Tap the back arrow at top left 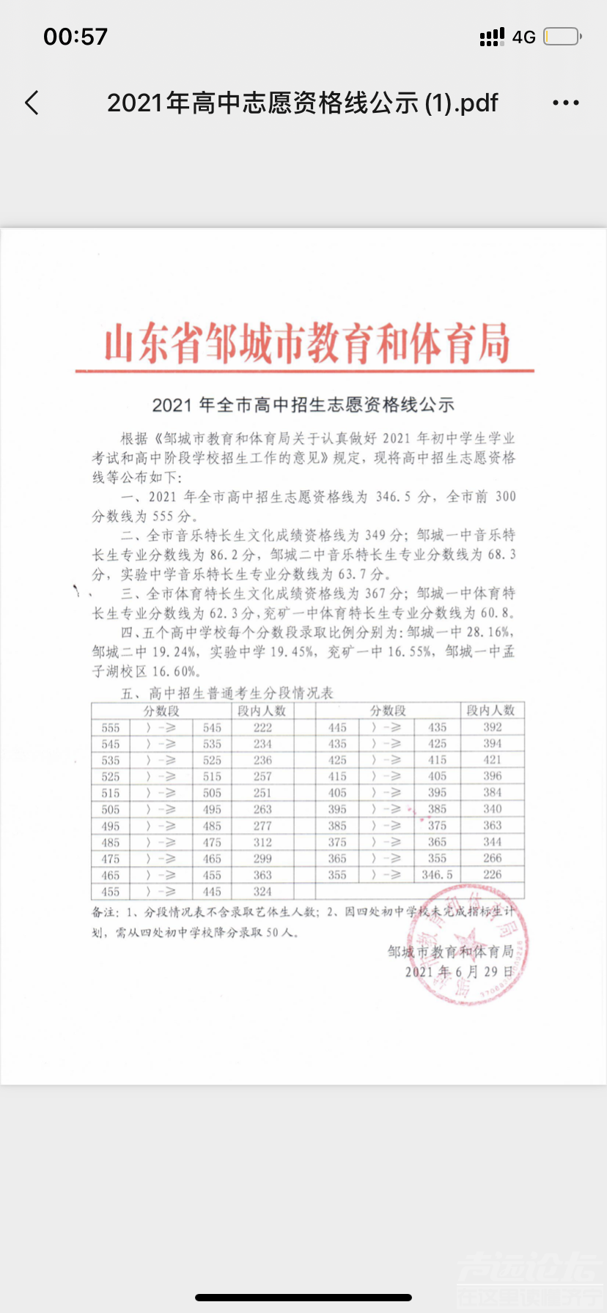pos(32,103)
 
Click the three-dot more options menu pos(565,103)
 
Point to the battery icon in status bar pos(562,36)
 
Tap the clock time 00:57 pos(76,36)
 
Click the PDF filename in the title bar pos(302,103)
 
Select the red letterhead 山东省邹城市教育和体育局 pos(306,344)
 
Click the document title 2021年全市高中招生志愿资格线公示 pos(303,404)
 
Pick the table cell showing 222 pos(262,728)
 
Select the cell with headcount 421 pos(493,760)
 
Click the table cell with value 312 pos(262,843)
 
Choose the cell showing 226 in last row pos(493,874)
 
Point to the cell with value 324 pos(262,892)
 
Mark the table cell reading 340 pos(493,809)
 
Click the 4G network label pos(523,37)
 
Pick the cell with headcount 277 pos(262,826)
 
